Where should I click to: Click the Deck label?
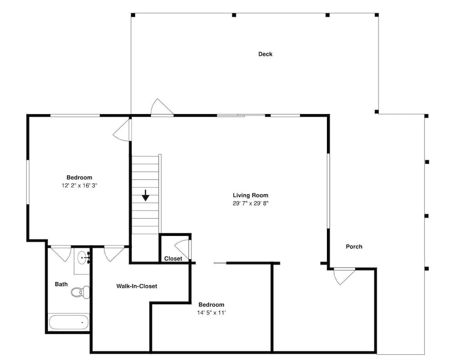(265, 54)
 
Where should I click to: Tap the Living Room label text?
(250, 195)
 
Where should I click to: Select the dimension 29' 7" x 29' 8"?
(250, 203)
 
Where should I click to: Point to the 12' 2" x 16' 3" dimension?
(79, 186)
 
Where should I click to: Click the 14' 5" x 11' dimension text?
(212, 313)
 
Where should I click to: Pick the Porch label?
(354, 246)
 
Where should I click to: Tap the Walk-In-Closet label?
(137, 286)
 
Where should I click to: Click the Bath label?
(62, 284)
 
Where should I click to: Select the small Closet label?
(173, 258)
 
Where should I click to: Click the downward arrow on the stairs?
(145, 195)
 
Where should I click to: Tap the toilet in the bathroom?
(81, 292)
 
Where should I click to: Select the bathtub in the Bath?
(69, 322)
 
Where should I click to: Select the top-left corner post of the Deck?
(133, 15)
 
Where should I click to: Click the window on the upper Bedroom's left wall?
(28, 182)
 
